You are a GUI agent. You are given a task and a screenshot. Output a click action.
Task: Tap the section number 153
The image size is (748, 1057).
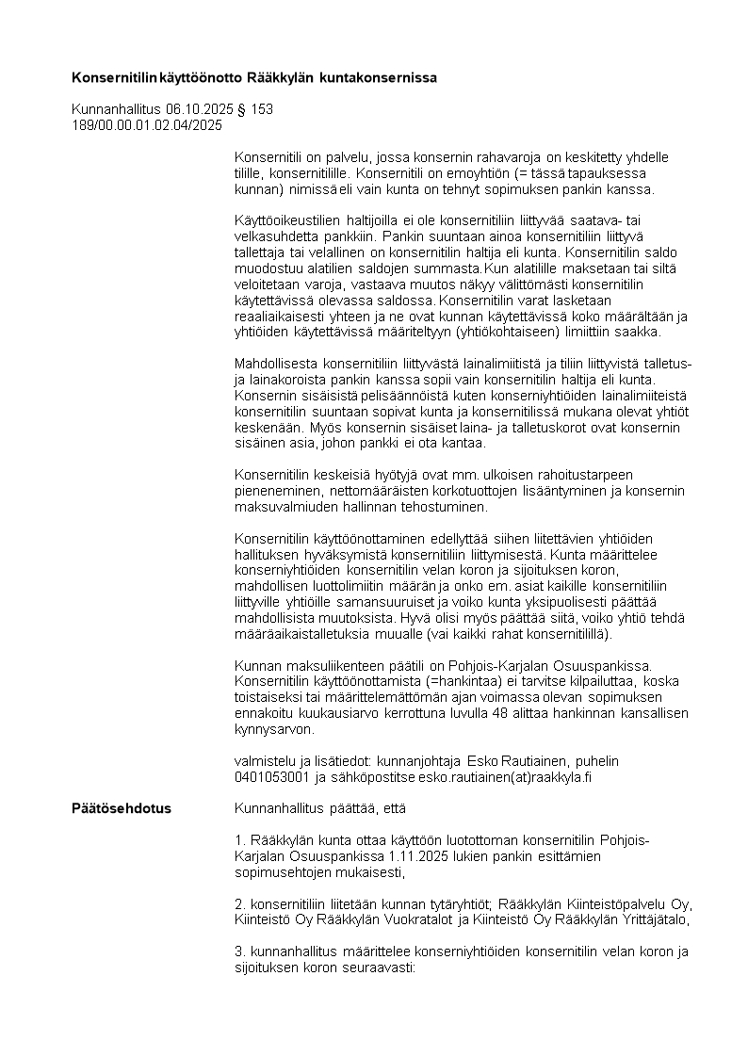point(263,109)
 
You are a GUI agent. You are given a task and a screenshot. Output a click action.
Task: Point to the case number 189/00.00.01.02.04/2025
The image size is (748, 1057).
point(147,124)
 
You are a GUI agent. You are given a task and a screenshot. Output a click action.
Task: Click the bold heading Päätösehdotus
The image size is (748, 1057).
point(122,808)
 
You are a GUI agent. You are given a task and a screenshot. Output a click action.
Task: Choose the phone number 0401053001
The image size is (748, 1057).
point(272,777)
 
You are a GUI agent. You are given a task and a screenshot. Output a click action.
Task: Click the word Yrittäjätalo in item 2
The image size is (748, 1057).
point(652,919)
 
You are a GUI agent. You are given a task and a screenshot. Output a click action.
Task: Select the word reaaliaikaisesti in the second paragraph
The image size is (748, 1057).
point(280,317)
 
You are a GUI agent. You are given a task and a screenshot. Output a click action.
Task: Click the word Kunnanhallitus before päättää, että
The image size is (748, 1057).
point(278,808)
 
